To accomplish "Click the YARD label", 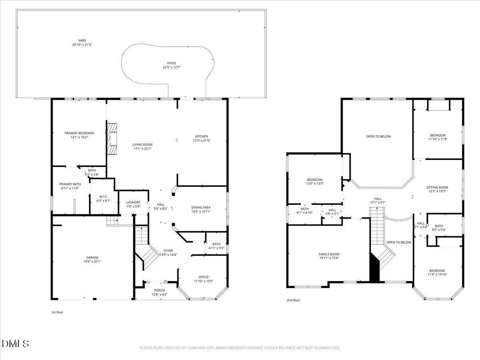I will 82,40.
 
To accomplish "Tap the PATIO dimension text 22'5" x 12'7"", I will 172,67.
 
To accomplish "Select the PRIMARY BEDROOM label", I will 79,133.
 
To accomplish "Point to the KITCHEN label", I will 202,136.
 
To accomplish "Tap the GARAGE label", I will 92,258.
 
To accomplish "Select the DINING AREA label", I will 201,207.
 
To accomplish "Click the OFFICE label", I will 204,277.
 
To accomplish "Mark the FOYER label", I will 168,250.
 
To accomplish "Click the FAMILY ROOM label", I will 329,254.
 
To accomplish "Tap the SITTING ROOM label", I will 437,187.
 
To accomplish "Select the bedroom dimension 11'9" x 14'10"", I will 437,274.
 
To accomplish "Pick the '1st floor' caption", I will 57,312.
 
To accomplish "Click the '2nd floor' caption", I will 293,300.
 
